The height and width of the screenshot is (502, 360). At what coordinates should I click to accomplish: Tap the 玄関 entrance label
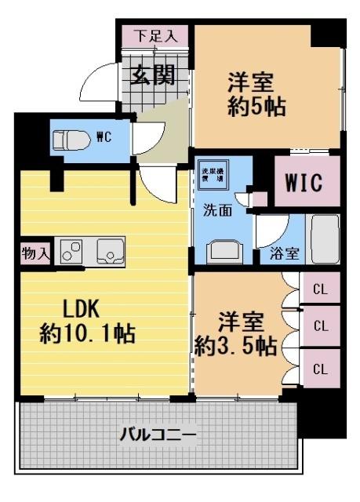point(152,75)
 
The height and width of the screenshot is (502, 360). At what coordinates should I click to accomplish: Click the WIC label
point(305,184)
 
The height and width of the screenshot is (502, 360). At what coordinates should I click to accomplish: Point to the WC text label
point(103,137)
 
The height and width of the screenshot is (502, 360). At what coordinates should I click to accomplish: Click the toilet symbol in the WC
point(68,140)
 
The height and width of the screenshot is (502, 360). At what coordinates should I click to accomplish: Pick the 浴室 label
point(284,253)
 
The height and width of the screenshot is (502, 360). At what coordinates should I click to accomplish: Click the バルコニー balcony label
point(158,433)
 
